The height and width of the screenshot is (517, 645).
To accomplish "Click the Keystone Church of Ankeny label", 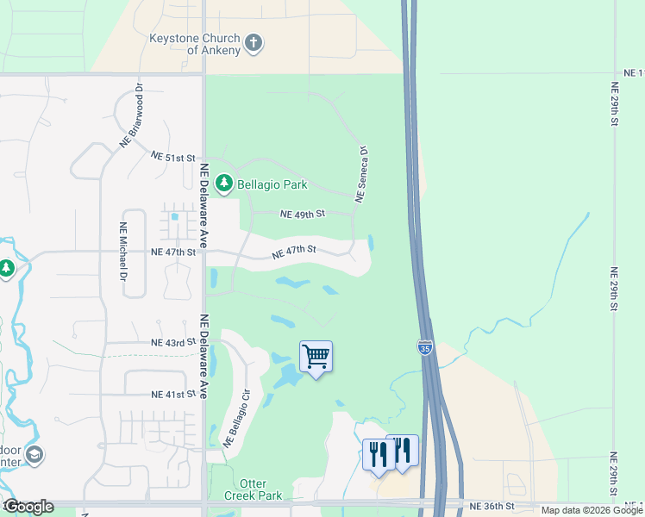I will pos(195,44).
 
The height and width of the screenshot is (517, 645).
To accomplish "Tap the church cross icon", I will pos(254,43).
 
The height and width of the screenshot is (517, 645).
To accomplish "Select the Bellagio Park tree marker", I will pos(224,183).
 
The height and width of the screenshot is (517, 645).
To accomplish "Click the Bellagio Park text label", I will pos(268,184).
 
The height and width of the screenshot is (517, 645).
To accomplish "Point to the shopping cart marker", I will pos(316,356).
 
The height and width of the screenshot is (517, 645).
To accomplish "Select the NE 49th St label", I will pos(303,214).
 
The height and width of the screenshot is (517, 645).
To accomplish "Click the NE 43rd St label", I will pos(168,343).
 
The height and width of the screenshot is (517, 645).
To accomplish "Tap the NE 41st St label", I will pos(168,395).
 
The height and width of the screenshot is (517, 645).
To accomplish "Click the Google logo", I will pos(28,507).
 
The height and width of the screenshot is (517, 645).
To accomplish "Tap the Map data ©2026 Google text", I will pos(592,510).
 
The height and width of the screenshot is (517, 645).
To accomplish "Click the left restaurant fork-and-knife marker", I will pos(379,454).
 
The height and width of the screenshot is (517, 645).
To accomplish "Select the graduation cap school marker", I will pos(34,454).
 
